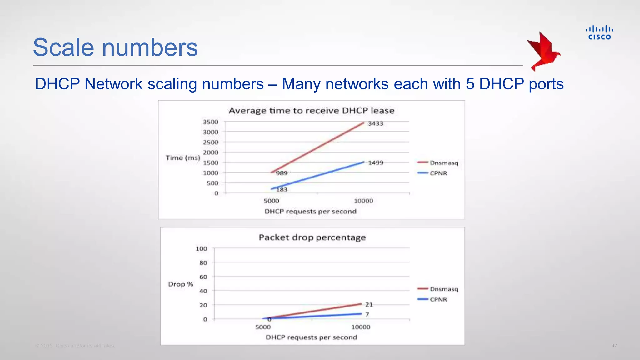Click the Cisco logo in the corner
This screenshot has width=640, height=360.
click(x=599, y=33)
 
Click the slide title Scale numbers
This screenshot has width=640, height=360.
click(x=115, y=47)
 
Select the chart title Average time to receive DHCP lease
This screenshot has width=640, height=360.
click(x=311, y=111)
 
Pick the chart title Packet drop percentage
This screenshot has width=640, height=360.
click(x=312, y=237)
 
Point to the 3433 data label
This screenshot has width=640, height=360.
click(x=376, y=123)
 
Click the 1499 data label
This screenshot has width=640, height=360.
click(x=376, y=163)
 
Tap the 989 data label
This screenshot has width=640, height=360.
click(x=282, y=173)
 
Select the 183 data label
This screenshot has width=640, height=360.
click(x=282, y=189)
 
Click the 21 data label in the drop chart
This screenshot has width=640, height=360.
click(x=369, y=304)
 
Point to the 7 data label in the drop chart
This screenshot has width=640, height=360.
click(x=367, y=314)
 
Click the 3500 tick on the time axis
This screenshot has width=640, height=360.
click(x=211, y=122)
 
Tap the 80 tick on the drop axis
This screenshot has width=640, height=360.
click(x=203, y=263)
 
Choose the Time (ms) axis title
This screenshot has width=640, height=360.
click(x=183, y=158)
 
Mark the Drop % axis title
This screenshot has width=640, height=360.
click(x=181, y=284)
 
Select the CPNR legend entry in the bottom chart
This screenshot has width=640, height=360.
click(x=438, y=299)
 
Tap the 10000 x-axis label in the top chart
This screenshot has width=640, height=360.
click(x=363, y=201)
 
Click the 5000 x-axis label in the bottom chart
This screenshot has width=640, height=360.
click(x=263, y=327)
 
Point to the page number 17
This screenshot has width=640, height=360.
click(x=614, y=346)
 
